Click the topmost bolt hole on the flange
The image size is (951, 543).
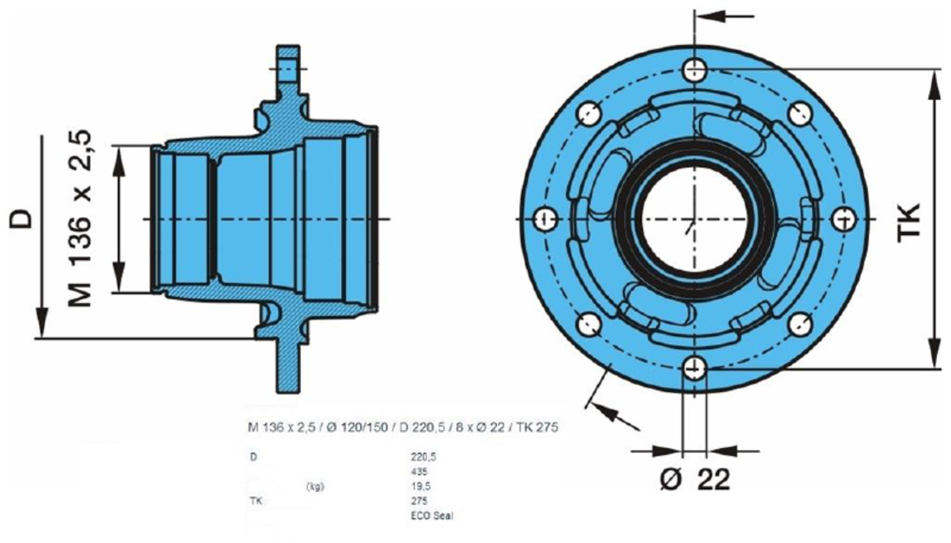(x=695, y=69)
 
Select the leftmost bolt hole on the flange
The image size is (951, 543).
(x=544, y=219)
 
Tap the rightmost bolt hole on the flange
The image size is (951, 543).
(x=844, y=219)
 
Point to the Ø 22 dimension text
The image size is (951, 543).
(x=695, y=480)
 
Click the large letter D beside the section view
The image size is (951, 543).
(x=22, y=219)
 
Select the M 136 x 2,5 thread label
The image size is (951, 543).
(x=81, y=219)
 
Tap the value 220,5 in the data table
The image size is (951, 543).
(x=424, y=456)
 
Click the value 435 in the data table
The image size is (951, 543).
(x=419, y=471)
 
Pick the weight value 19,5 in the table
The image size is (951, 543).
(x=421, y=486)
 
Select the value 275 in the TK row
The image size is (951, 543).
(x=419, y=501)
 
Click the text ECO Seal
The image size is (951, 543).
(x=432, y=515)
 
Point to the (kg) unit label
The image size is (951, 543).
(x=314, y=487)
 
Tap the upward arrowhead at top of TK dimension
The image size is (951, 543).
(x=934, y=86)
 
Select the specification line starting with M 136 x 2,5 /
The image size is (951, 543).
(x=403, y=428)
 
